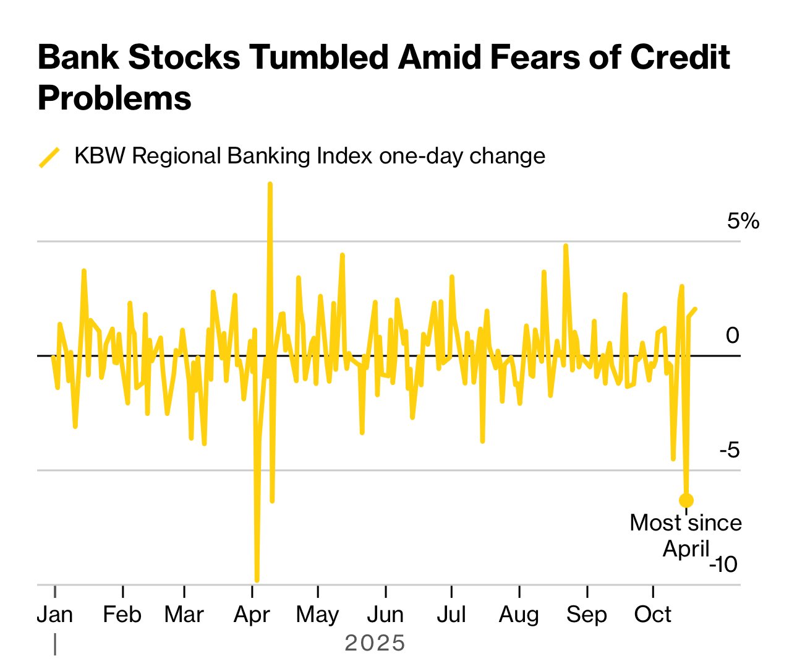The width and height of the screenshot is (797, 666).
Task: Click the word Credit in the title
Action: pos(680,58)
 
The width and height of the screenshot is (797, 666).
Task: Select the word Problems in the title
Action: pos(114,98)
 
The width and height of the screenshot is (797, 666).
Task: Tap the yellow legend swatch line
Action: pos(49,157)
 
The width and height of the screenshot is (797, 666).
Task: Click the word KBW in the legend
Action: pos(100,156)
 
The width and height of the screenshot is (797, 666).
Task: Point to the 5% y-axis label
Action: pos(743,221)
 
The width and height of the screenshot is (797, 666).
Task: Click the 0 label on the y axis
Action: pos(732,335)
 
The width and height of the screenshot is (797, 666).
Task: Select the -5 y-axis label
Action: pos(730,450)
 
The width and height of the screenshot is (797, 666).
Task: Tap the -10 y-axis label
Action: pos(723,564)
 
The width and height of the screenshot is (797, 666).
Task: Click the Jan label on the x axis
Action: pos(55,615)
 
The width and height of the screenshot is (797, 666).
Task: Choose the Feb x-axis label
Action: pos(122,615)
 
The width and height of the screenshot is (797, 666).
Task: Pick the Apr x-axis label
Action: pos(252,615)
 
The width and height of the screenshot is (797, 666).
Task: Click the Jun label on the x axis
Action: pos(385,615)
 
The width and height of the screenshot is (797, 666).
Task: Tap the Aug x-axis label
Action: pos(519,615)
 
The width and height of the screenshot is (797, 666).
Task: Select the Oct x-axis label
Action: pos(652,615)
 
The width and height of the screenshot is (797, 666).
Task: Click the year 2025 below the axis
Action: pos(375,644)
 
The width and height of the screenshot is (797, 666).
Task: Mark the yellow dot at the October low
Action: pos(686,500)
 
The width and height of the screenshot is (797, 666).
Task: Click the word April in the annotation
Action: pos(686,549)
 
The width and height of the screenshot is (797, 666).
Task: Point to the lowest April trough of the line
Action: pos(257,580)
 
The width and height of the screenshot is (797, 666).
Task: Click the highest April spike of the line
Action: pos(270,184)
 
